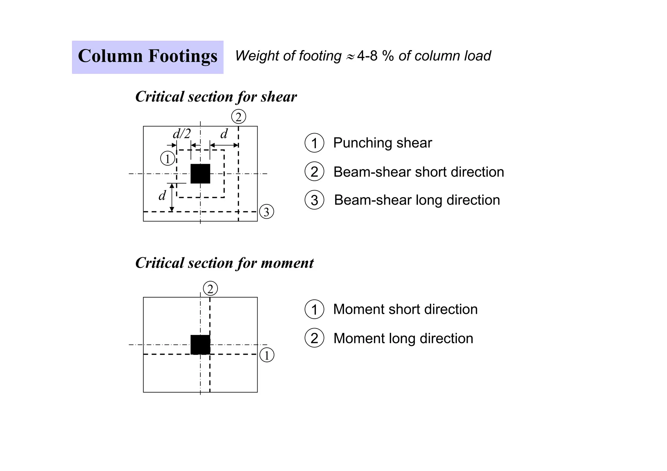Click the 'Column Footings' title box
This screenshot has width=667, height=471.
coord(148,57)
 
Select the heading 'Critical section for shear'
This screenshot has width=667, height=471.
coord(216,97)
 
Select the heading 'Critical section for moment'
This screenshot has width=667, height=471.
coord(224,263)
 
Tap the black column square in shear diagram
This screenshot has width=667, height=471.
coord(200,174)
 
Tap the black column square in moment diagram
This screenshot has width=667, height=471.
coord(200,345)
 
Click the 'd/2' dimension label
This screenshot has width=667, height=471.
coord(182,134)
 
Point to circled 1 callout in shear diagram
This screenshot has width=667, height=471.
coord(168,159)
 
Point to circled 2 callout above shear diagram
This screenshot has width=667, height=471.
coord(238,117)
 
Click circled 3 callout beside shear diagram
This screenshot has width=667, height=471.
coord(266,212)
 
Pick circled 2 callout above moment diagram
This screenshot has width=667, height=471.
coord(210,289)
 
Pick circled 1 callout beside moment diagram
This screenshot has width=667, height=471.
coord(267,355)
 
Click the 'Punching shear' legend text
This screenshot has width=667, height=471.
coord(382,143)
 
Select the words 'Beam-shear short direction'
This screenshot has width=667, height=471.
coord(419,172)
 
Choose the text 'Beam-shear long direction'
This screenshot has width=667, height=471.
coord(417,200)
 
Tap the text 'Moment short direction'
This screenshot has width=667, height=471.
coord(405,309)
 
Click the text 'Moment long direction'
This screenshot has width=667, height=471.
coord(403,339)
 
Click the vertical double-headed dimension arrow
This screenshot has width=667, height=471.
coord(172,198)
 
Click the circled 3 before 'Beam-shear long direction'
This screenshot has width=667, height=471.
coord(314,200)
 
